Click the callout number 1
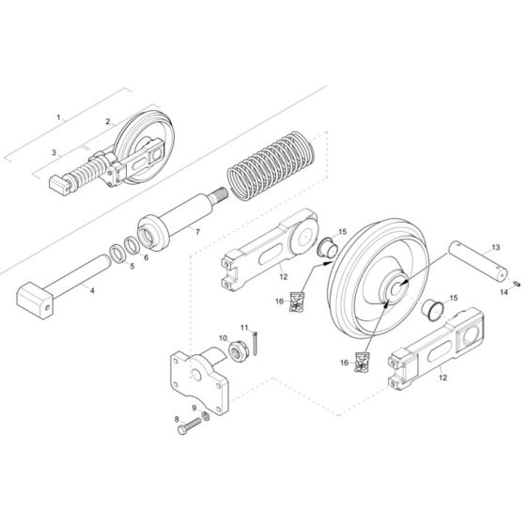tap(58, 118)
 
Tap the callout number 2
tap(109, 122)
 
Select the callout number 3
tap(54, 152)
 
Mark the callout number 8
tap(176, 418)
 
